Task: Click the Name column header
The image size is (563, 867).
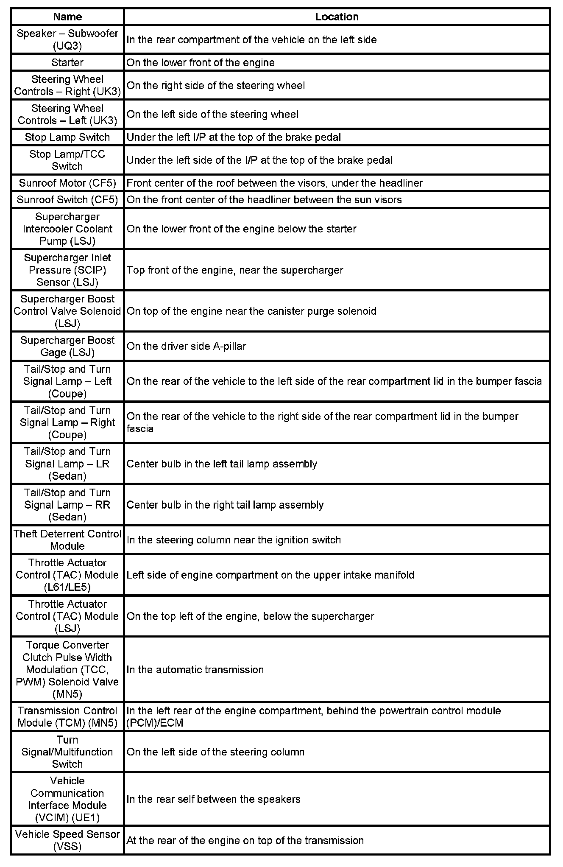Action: tap(67, 17)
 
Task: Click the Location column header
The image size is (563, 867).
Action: tap(337, 17)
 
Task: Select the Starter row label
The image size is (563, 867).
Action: tap(67, 63)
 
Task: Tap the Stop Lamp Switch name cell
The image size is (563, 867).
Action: tap(67, 137)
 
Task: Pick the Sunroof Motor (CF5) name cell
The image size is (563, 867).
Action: tap(67, 183)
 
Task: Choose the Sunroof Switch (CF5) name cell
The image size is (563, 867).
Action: tap(67, 200)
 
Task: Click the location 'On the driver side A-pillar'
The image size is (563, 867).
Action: tap(187, 347)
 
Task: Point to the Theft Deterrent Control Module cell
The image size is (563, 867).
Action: tap(67, 540)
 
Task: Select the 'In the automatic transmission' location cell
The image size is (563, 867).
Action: tap(195, 670)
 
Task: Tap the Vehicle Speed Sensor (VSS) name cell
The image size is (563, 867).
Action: tap(67, 840)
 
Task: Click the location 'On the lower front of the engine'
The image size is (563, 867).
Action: tap(201, 63)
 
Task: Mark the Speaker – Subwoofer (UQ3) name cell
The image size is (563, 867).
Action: tap(67, 39)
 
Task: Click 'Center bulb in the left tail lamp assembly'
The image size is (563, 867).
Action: tap(222, 464)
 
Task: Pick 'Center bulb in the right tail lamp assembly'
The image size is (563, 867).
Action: tap(225, 505)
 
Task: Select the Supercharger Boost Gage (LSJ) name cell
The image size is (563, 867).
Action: tap(67, 347)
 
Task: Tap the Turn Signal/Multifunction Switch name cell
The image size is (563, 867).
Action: tap(67, 752)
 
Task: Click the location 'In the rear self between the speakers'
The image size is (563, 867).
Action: tap(213, 800)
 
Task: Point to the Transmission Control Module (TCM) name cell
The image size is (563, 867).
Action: tap(67, 717)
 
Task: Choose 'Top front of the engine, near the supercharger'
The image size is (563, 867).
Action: tap(235, 271)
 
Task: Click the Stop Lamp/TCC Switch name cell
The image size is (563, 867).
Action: tap(67, 160)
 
